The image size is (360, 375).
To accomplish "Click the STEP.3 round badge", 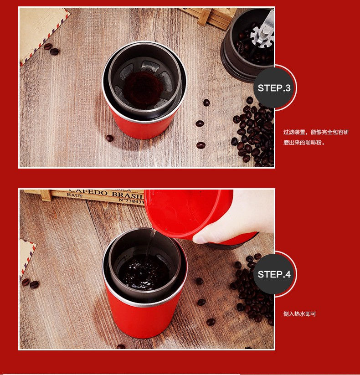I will (x=274, y=88).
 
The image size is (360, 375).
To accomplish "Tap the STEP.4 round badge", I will (x=274, y=274).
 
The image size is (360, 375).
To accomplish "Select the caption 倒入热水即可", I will (x=299, y=314).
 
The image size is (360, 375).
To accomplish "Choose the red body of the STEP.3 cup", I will (x=142, y=128).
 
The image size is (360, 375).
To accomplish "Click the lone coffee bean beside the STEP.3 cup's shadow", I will (x=110, y=138).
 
